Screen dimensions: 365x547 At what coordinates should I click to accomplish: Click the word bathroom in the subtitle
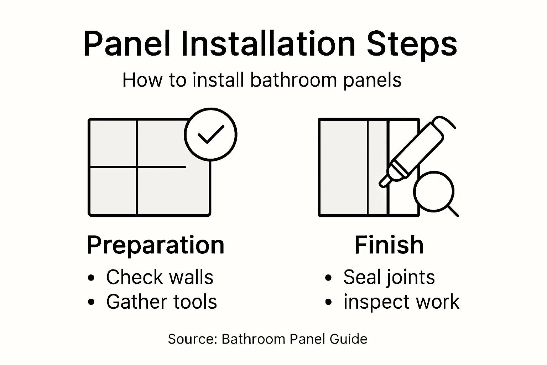[293, 80]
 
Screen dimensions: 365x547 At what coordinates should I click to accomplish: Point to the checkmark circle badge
[210, 135]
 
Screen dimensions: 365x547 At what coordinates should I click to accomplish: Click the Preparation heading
[156, 245]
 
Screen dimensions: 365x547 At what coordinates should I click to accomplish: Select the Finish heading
[389, 245]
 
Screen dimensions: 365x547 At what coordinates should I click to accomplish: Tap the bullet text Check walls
[160, 277]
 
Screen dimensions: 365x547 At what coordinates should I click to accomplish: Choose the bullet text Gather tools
[161, 302]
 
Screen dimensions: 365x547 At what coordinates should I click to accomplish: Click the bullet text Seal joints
[389, 277]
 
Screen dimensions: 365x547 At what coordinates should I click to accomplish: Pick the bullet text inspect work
[401, 302]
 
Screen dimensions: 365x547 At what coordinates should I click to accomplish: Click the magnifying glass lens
[433, 192]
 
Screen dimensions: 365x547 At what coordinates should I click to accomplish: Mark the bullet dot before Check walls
[92, 278]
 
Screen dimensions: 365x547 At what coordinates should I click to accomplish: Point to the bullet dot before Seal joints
[328, 278]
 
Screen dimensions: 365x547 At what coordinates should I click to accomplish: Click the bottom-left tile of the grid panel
[113, 191]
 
